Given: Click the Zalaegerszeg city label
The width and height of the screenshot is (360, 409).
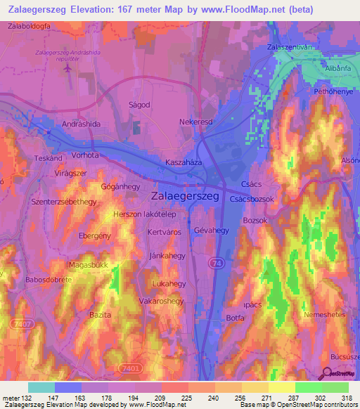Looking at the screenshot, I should click(185, 197).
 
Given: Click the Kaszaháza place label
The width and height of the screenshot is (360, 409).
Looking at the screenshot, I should click(184, 162).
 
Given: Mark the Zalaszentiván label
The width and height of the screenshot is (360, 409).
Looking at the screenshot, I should click(289, 47).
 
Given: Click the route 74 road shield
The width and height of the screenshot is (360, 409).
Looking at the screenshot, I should click(213, 261).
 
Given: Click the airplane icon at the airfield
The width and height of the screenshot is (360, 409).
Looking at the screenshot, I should click(67, 69).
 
